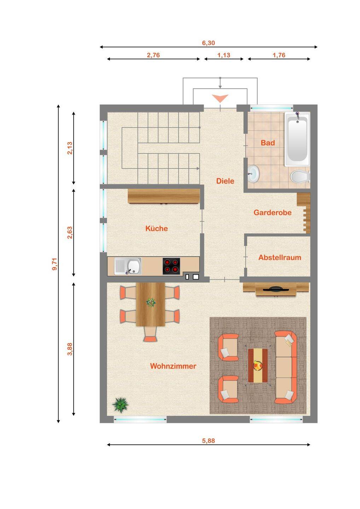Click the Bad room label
268,143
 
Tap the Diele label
225,181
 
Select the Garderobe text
273,212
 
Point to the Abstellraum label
280,257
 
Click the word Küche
157,228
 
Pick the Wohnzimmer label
173,366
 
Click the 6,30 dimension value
208,43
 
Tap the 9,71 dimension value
55,264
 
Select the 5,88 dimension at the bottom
208,440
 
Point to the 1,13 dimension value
224,55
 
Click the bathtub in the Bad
297,139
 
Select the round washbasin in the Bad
253,174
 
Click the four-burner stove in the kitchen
171,266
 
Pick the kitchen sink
128,266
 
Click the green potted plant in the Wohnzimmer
120,405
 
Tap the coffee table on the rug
258,365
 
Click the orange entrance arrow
220,99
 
